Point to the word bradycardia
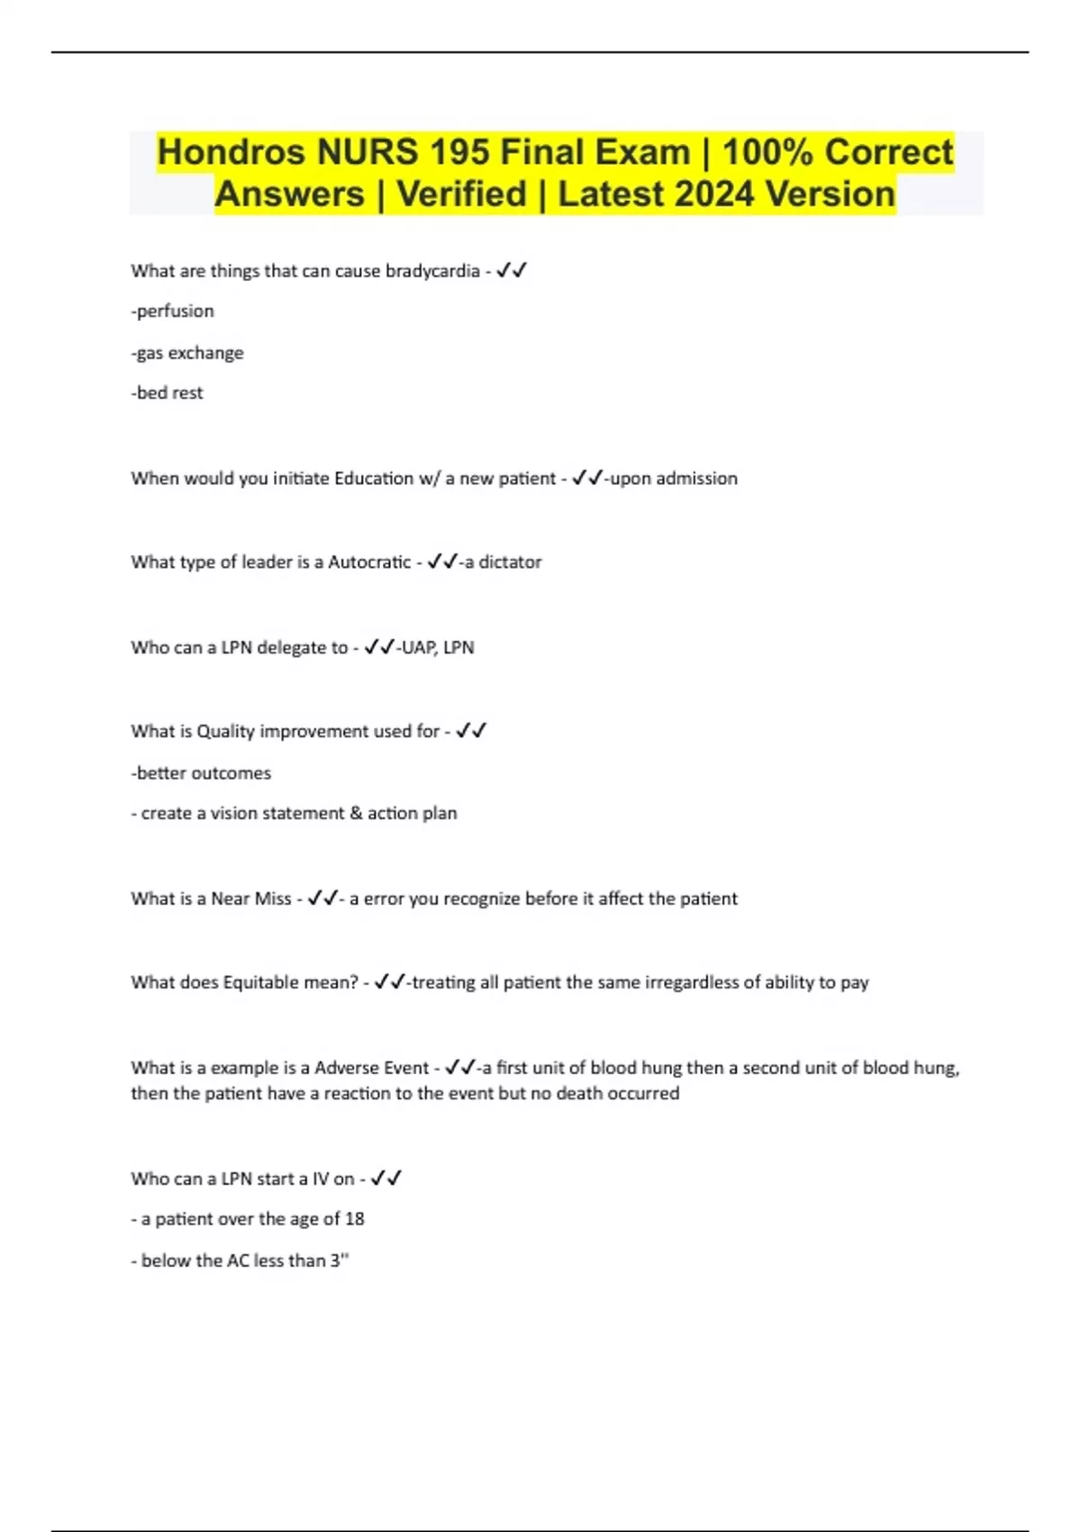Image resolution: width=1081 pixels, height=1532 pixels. pos(432,271)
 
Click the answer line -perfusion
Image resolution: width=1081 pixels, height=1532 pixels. pos(172,311)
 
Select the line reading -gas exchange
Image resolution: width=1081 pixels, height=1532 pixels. pos(187,352)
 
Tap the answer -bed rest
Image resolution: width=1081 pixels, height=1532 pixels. pos(167,393)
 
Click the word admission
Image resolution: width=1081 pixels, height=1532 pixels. pos(696,479)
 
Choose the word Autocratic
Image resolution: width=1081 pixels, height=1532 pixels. pos(369,562)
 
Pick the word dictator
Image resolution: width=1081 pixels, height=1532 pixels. pos(510,562)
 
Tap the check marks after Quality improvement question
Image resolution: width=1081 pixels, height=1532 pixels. pos(471,731)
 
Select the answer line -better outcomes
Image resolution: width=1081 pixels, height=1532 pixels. pos(201,773)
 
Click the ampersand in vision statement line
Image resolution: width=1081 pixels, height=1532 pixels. pos(356,813)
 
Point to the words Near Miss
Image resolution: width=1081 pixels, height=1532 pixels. pos(250,898)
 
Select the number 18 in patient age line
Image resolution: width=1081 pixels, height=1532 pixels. pos(354,1219)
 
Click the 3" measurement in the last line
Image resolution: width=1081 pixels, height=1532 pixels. pos(339,1261)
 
